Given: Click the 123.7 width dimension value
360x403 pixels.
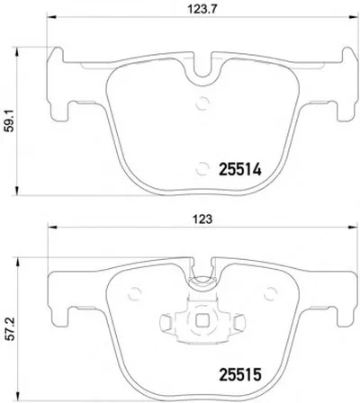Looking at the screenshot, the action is tap(202, 9).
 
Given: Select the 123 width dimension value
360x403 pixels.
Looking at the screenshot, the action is tap(202, 219).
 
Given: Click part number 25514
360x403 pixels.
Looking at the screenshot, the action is tap(240, 170).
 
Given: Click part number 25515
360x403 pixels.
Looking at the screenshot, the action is tap(240, 374).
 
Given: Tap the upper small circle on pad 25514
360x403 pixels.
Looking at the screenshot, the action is tap(202, 103).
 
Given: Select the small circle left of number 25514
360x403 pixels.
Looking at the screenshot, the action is tap(202, 168).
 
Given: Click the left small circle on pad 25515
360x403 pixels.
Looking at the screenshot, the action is tap(134, 293).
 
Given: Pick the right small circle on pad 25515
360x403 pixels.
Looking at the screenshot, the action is tap(270, 293).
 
